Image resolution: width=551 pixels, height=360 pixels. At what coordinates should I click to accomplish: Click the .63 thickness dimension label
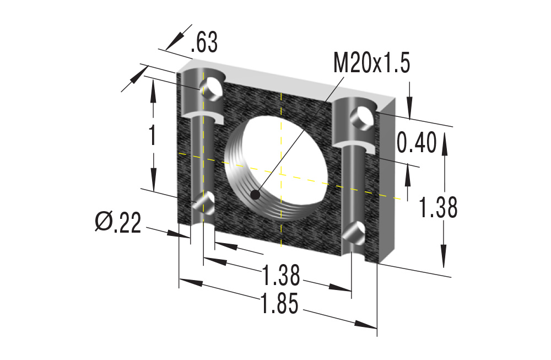204,42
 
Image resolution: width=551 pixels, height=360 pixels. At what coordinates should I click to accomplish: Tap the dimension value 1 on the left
152,135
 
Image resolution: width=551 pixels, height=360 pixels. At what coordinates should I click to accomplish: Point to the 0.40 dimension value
417,142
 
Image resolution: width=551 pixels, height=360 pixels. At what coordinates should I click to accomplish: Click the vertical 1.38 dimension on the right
438,207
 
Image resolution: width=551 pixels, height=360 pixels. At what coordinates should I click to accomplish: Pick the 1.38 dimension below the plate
281,275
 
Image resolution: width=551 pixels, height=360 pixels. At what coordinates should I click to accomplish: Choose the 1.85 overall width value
280,303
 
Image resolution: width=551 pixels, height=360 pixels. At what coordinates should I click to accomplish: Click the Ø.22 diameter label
118,222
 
